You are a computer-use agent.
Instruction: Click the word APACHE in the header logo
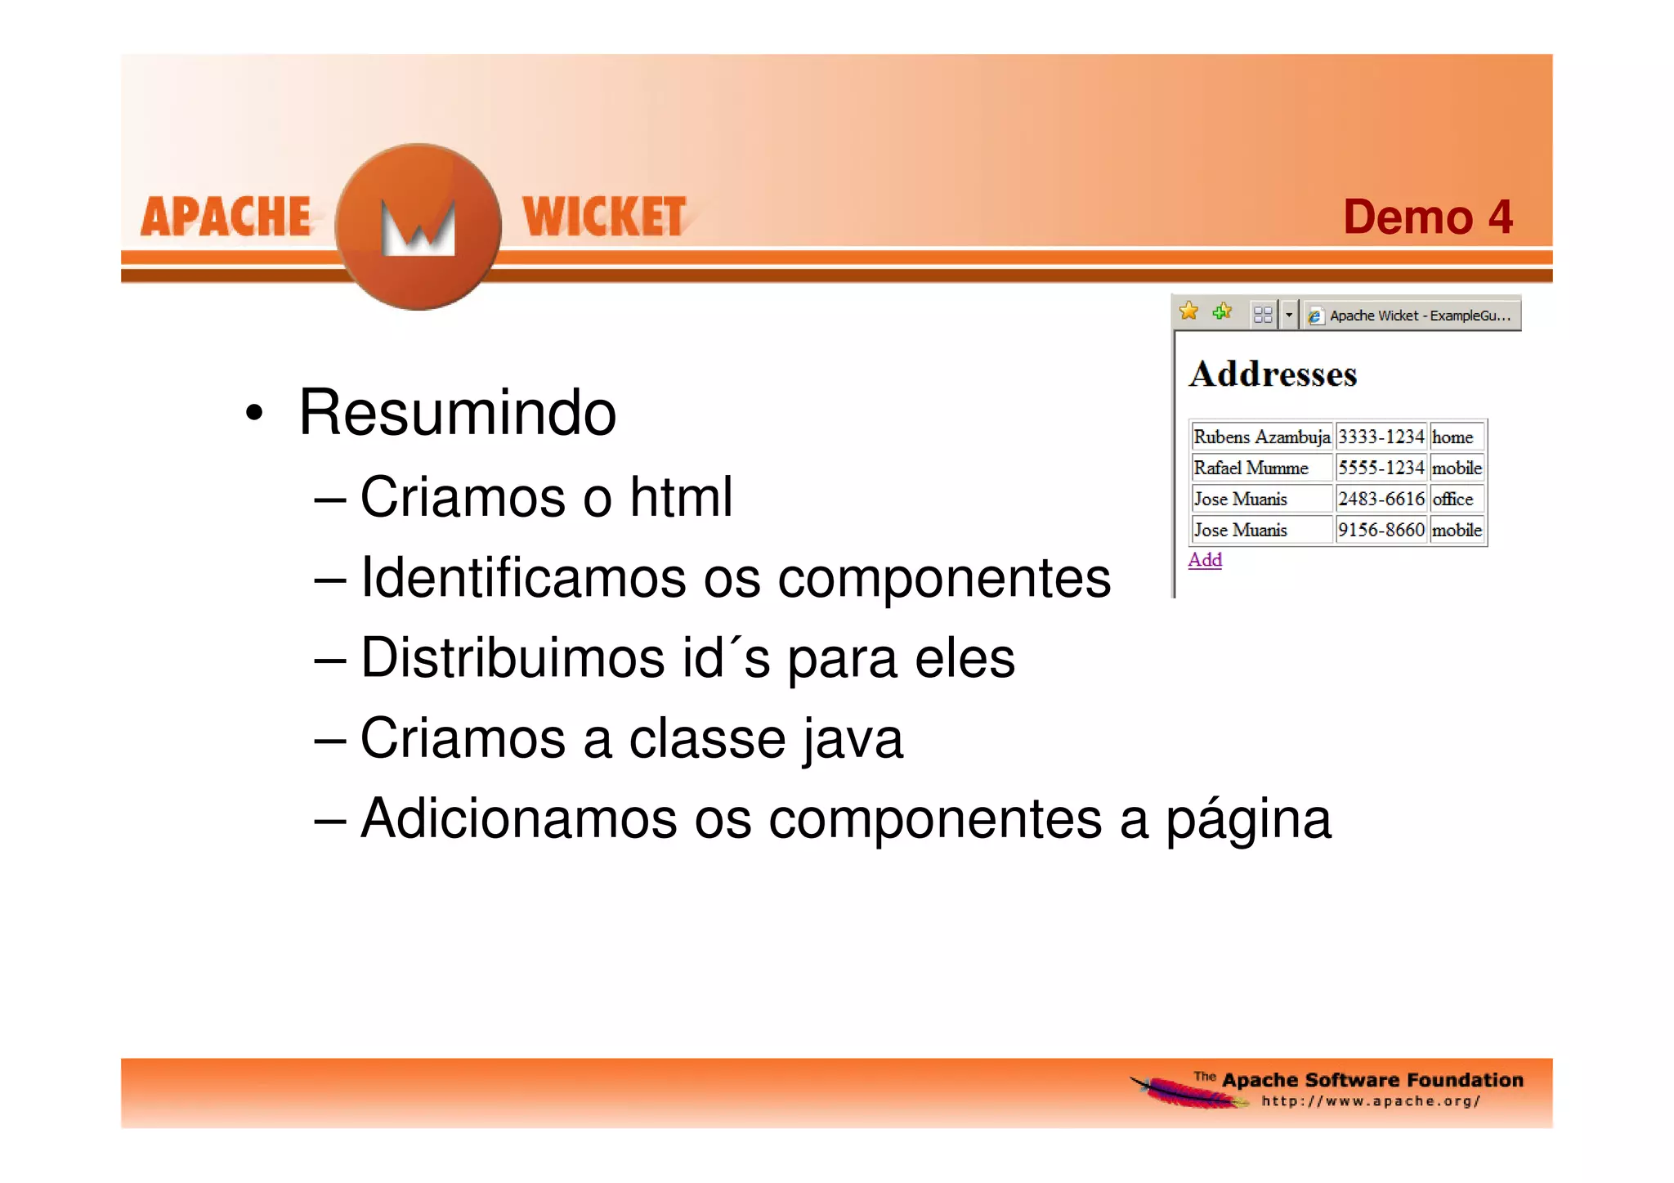(226, 217)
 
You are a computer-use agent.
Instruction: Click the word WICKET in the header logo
(604, 217)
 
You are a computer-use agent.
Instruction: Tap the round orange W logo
(418, 226)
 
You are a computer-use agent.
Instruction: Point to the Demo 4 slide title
(1427, 217)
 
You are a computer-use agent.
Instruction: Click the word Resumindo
(457, 413)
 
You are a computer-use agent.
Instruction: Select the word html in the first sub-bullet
(681, 497)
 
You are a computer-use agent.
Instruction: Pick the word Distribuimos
(513, 658)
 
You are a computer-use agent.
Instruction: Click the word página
(1248, 819)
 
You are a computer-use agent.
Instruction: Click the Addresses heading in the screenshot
(1273, 374)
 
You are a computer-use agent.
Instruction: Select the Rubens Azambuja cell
(1261, 437)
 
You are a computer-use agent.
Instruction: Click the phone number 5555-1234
(1381, 468)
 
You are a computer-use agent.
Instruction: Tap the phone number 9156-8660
(1381, 530)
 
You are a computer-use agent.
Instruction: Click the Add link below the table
(1205, 560)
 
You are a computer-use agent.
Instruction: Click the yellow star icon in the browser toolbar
(1188, 311)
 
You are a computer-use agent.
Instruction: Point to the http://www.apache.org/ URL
(1371, 1101)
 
